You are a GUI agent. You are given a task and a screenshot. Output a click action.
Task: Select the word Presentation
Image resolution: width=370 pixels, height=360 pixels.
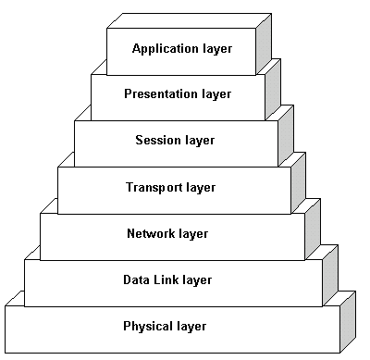(x=157, y=94)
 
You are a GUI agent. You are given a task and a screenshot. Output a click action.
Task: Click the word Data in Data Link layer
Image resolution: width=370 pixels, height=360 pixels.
(x=136, y=279)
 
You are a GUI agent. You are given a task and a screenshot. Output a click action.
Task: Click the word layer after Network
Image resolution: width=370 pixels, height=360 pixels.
(x=192, y=233)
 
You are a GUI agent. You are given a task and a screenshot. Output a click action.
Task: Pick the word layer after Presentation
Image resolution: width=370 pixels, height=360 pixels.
(x=213, y=94)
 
